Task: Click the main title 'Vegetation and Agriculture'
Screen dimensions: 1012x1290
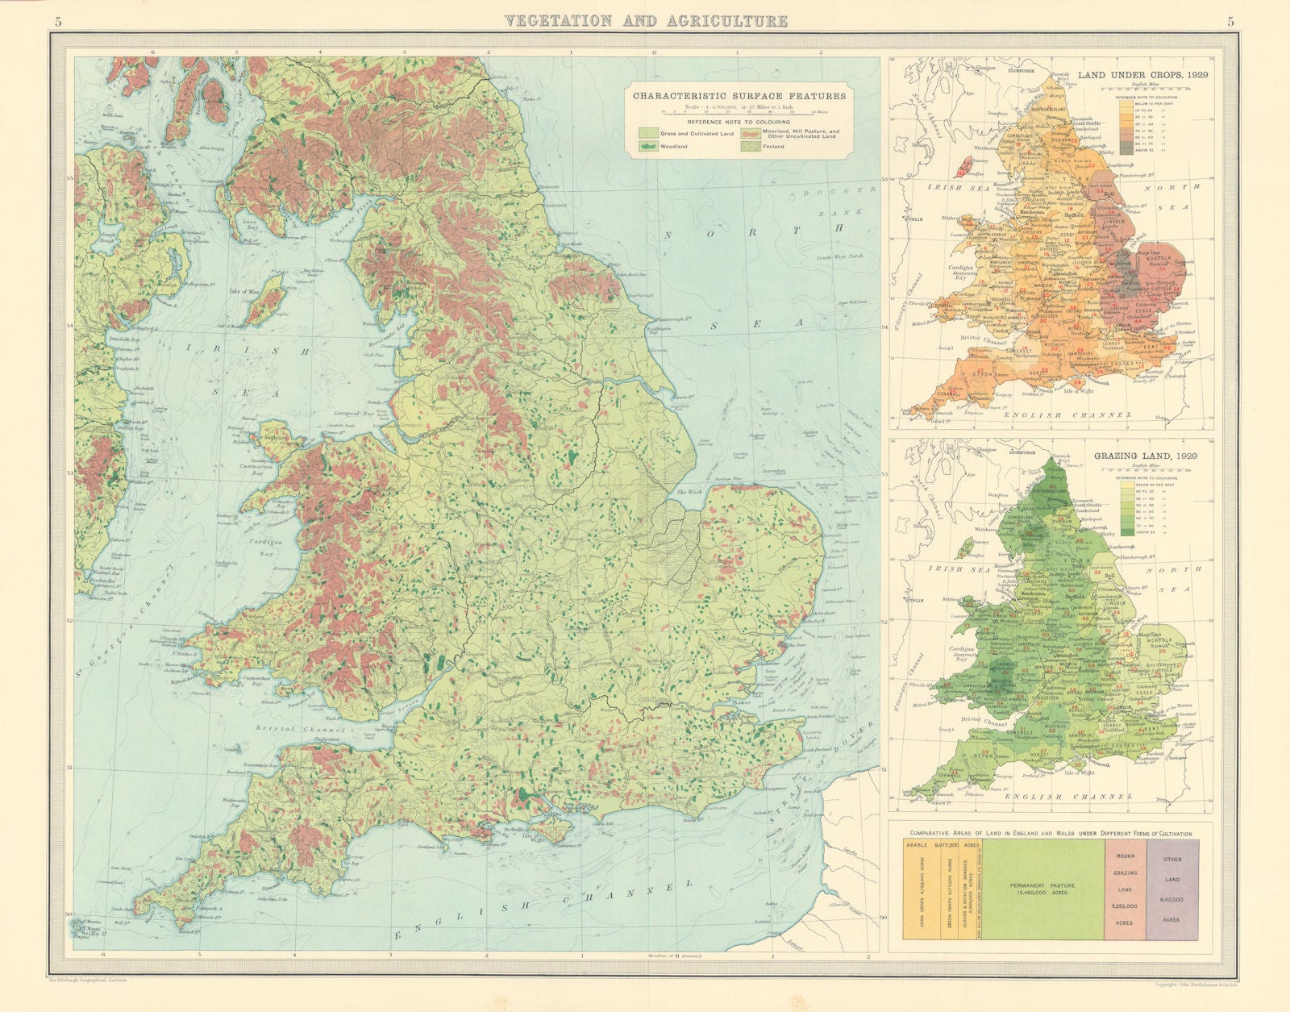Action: coord(646,21)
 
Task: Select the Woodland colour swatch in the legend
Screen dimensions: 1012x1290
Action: coord(649,146)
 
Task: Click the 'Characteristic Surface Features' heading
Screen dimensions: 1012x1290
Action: coord(739,95)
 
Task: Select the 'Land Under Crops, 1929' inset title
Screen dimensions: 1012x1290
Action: coord(1138,74)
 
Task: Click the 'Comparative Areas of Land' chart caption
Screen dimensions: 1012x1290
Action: coord(1051,833)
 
